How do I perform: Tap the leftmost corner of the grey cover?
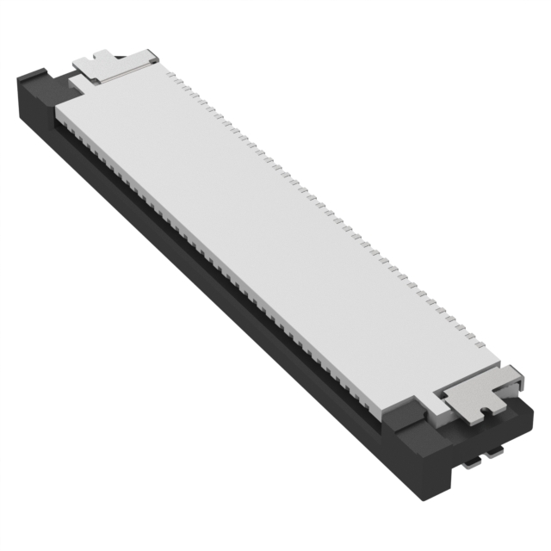56,113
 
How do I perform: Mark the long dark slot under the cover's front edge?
215,258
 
